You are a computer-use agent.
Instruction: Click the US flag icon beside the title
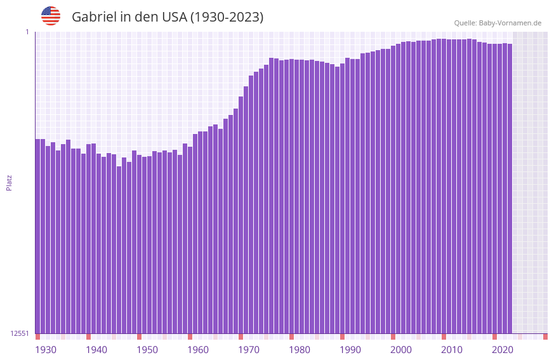(x=51, y=16)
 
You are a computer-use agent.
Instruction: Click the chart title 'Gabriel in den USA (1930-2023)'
(x=168, y=17)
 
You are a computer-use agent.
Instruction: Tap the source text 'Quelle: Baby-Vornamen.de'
(x=498, y=23)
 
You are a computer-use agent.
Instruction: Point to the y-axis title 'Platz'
(x=9, y=182)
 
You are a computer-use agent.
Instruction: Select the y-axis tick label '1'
(x=27, y=32)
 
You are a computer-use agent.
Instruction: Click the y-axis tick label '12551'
(x=20, y=333)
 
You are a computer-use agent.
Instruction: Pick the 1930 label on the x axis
(x=46, y=350)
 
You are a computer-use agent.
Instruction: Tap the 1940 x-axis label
(x=96, y=350)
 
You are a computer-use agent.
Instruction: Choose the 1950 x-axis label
(x=147, y=350)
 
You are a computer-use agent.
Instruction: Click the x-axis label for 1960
(x=198, y=350)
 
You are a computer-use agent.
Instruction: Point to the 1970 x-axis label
(x=249, y=350)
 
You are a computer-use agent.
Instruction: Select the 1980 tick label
(x=300, y=350)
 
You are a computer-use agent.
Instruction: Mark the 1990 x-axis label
(x=350, y=350)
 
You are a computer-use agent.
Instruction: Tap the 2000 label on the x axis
(x=401, y=350)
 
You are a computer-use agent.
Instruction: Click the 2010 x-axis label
(x=452, y=350)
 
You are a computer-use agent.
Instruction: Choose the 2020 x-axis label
(x=503, y=350)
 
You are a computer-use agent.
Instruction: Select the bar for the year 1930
(x=37, y=236)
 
